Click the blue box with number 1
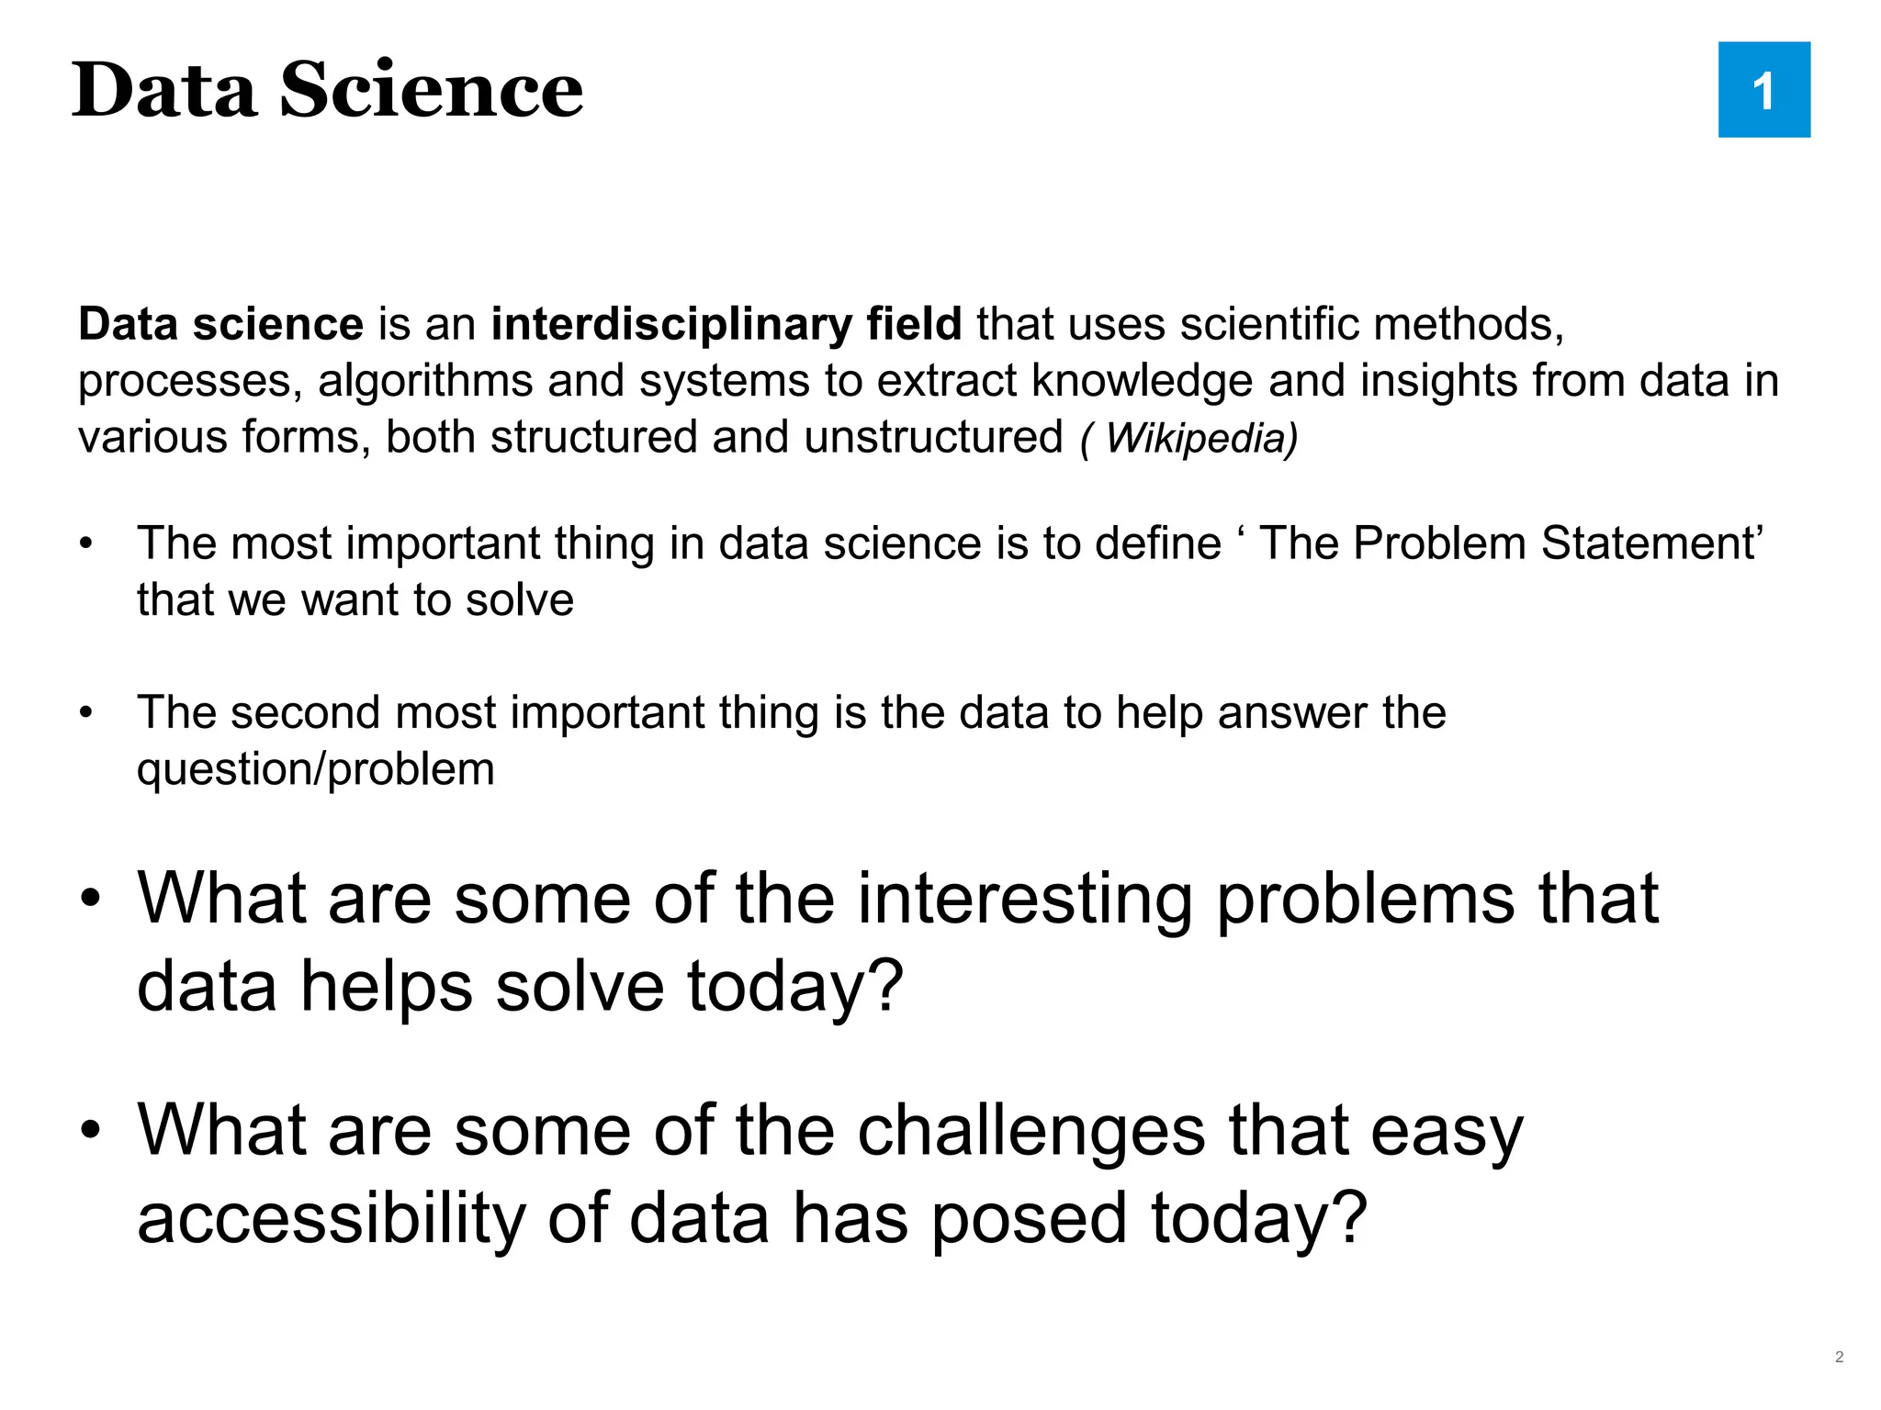pos(1763,90)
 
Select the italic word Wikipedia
pos(1200,438)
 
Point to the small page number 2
pos(1839,1357)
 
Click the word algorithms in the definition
pos(425,381)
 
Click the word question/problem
pos(315,769)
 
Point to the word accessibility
pos(332,1219)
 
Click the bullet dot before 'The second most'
pos(86,713)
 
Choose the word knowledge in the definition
pos(1143,381)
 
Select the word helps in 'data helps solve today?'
pos(387,987)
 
